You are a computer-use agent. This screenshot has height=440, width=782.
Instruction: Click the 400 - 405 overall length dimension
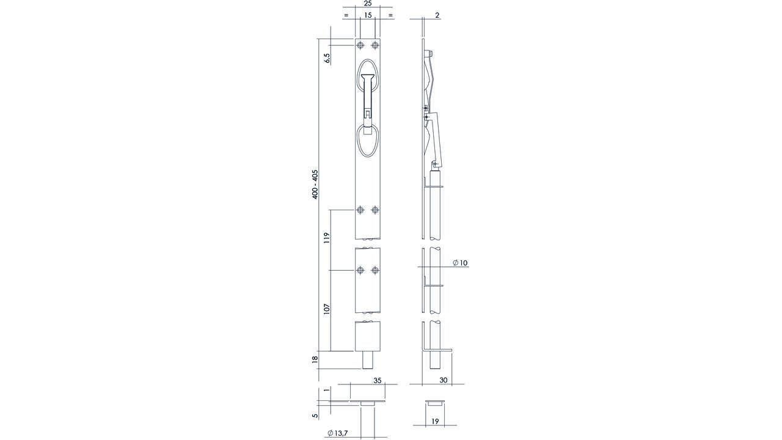(315, 185)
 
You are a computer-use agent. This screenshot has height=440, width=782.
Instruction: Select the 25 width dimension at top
(368, 4)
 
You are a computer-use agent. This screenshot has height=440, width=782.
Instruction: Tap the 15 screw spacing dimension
(368, 15)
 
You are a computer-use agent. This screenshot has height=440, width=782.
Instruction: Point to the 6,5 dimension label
(82, 58)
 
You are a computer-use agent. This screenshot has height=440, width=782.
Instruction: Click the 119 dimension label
(82, 238)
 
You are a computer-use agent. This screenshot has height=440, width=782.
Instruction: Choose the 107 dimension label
(82, 309)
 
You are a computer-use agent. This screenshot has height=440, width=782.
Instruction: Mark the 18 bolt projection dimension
(315, 360)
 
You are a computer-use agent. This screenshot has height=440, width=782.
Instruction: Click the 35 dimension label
(378, 381)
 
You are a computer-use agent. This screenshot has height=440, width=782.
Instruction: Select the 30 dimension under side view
(444, 380)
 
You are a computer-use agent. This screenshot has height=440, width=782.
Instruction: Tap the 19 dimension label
(435, 422)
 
